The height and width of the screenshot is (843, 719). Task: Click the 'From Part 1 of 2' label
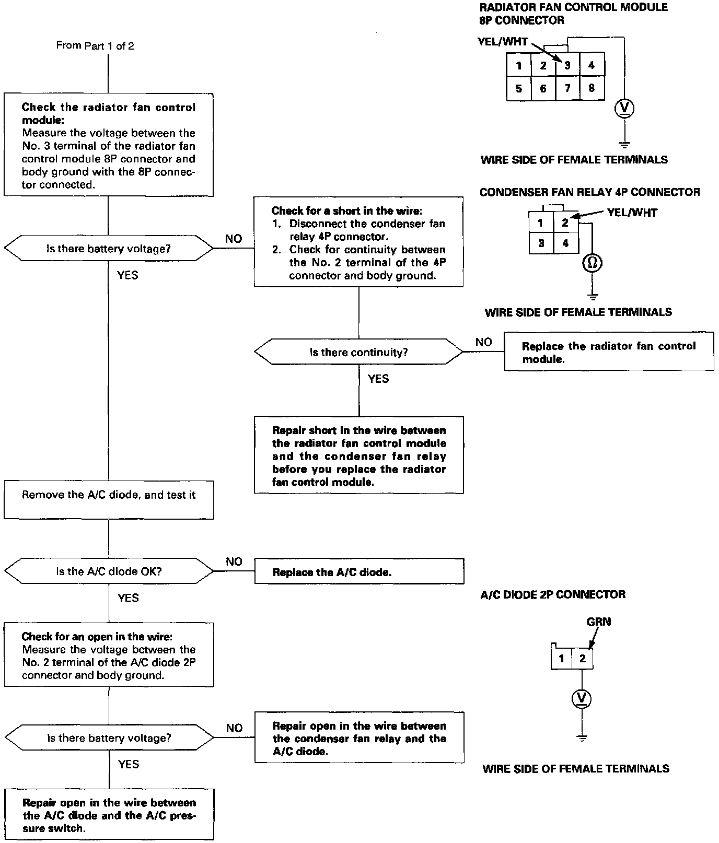[95, 46]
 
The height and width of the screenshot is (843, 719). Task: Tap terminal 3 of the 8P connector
[567, 66]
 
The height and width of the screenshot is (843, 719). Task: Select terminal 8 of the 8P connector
[592, 88]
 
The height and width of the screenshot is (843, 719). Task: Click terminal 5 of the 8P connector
[519, 88]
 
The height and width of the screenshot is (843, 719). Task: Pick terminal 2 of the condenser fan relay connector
[565, 223]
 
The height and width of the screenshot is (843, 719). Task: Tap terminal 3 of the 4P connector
[541, 243]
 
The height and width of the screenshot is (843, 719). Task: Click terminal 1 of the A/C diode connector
[562, 658]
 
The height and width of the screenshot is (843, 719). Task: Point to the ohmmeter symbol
[593, 263]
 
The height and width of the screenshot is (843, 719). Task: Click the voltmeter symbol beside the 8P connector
[624, 108]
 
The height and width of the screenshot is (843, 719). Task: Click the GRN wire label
[599, 622]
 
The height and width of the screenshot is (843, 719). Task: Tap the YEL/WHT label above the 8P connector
[503, 42]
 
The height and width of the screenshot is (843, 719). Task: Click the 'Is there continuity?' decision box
[358, 353]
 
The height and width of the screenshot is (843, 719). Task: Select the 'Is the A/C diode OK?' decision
[109, 571]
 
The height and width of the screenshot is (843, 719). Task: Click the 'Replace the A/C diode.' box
[359, 572]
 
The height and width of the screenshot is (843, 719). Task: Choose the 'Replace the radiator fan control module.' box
[609, 352]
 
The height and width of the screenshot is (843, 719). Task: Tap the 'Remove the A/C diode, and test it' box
[109, 500]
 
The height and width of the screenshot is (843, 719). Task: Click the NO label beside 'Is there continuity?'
[483, 342]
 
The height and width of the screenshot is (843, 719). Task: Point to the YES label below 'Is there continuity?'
[378, 379]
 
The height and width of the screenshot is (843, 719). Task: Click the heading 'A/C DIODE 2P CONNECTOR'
[552, 594]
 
